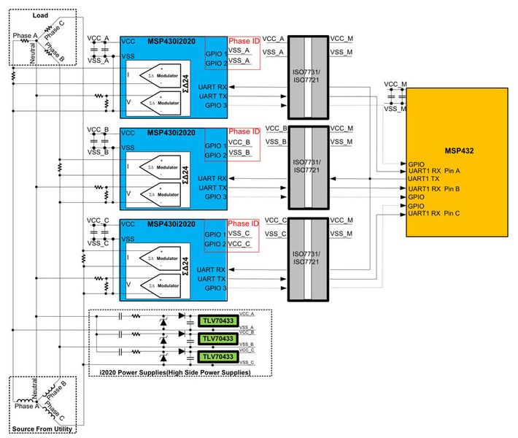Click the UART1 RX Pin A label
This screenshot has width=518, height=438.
point(434,171)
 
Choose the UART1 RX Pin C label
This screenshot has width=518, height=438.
point(434,213)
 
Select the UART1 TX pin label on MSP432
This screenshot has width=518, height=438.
point(423,179)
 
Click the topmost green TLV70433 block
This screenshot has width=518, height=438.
point(217,320)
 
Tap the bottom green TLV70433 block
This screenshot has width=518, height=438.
point(217,357)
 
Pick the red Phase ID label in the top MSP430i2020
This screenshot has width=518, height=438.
point(243,39)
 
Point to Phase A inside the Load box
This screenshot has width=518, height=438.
point(24,36)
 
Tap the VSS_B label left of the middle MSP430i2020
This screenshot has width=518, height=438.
point(97,153)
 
